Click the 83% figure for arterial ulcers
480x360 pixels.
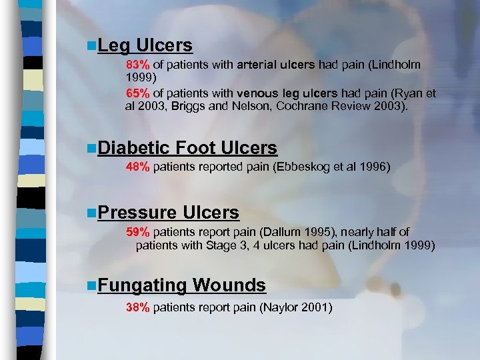(x=138, y=65)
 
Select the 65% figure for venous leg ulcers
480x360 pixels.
(x=138, y=94)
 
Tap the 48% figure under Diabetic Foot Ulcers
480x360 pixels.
(x=138, y=167)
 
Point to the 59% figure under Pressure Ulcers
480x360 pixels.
(x=138, y=232)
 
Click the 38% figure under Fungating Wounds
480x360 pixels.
(x=138, y=307)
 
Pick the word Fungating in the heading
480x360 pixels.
(x=141, y=285)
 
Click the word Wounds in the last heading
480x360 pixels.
(x=229, y=285)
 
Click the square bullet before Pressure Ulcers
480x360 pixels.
(x=91, y=213)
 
